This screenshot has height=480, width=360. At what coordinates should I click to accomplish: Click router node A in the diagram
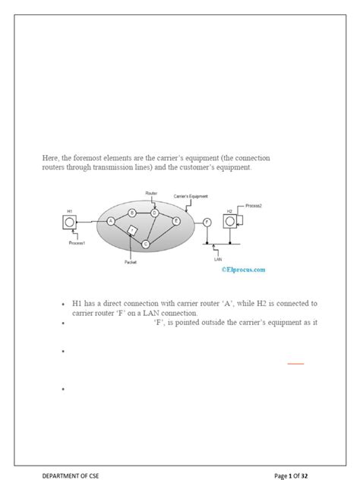click(x=112, y=221)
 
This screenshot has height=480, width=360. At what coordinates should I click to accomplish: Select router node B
click(x=132, y=213)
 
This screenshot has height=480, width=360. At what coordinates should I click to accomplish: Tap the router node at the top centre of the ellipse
click(x=154, y=213)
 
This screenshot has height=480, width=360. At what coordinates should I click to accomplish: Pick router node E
click(x=176, y=221)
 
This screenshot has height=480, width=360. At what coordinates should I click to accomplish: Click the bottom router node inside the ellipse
click(x=146, y=243)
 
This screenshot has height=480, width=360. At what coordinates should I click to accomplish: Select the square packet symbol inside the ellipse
click(x=131, y=230)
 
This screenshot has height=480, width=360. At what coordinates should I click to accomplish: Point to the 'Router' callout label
click(x=152, y=194)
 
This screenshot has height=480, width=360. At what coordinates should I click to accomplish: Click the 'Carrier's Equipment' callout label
click(x=191, y=195)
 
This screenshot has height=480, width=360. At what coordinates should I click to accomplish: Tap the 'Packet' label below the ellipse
click(x=131, y=262)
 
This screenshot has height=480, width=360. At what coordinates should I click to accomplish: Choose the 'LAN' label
click(x=217, y=258)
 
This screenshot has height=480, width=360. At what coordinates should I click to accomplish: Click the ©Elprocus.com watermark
click(x=243, y=269)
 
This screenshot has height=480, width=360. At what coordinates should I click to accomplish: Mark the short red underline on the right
click(x=295, y=364)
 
